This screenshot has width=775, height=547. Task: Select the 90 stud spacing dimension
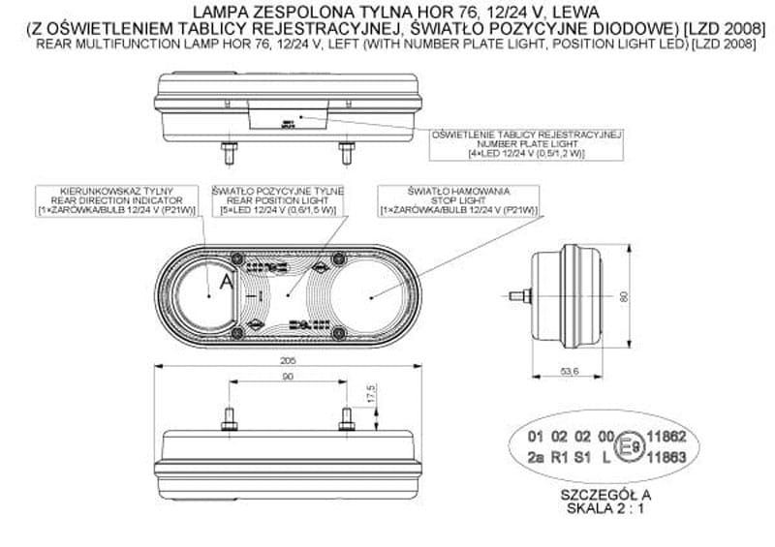(x=288, y=377)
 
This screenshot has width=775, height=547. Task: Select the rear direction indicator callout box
(x=116, y=199)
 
